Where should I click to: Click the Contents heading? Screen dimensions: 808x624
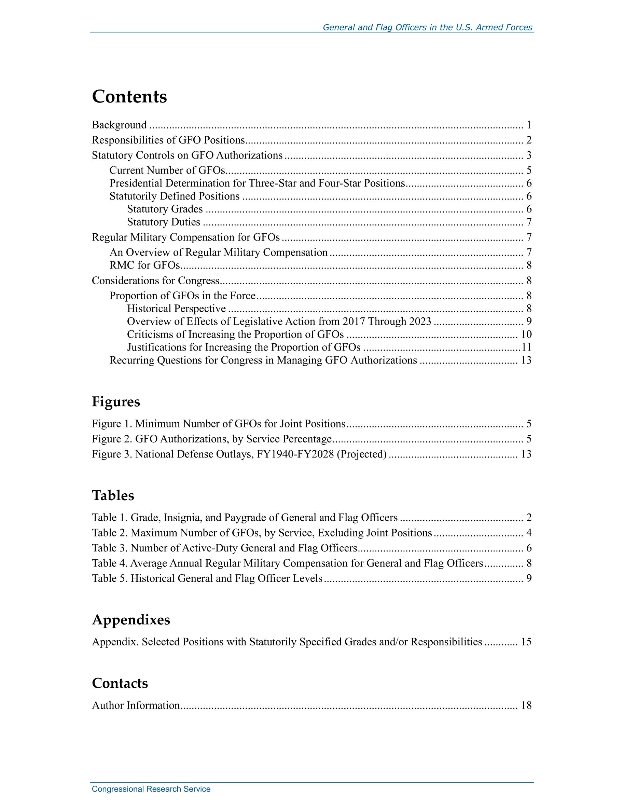click(129, 97)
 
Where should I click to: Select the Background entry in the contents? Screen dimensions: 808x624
click(119, 125)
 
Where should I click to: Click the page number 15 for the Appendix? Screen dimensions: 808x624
click(526, 642)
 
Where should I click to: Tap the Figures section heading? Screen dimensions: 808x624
click(116, 401)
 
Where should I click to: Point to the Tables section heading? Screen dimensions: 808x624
click(113, 495)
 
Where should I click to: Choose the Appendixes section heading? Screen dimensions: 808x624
click(131, 620)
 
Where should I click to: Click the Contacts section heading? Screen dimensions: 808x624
click(120, 683)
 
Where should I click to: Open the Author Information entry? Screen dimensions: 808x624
click(136, 706)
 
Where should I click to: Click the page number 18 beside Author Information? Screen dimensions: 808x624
click(526, 706)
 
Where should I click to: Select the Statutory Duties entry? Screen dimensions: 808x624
click(164, 222)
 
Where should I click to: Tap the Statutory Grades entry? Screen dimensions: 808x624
click(165, 209)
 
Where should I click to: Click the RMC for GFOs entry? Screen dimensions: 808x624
click(144, 265)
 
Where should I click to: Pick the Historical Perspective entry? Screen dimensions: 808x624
click(176, 309)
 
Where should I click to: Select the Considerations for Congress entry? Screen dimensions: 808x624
click(155, 281)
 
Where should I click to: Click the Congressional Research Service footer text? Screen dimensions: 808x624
click(151, 789)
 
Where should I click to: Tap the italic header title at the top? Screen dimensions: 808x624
click(427, 27)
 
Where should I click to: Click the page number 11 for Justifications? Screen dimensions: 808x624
click(526, 347)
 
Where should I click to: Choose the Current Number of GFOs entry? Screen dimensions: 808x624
click(167, 170)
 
